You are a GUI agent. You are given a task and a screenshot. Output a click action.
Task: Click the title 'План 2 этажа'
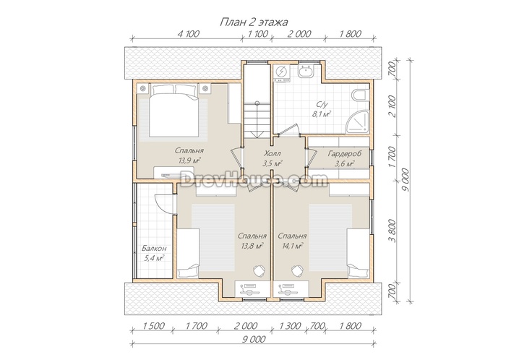pos(254,22)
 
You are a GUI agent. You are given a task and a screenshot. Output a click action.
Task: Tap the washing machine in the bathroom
pos(281,72)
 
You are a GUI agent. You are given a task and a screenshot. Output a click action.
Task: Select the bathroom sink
pos(305,71)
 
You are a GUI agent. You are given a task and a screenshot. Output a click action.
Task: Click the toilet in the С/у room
pos(361,95)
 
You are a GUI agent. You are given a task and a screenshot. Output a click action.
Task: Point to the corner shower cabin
pos(358,122)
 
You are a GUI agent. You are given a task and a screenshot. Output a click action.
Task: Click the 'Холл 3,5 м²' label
pos(272,158)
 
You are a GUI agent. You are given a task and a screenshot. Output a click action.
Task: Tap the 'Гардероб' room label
pos(345,153)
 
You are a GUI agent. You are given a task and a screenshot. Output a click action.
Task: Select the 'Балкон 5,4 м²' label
pos(154,253)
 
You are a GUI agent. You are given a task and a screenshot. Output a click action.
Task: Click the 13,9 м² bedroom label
pos(189,155)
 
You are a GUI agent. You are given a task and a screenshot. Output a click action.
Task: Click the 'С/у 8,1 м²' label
pos(322,109)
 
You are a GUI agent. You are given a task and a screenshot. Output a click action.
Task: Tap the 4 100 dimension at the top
pos(188,33)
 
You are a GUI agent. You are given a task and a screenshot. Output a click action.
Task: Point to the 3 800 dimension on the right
pos(392,231)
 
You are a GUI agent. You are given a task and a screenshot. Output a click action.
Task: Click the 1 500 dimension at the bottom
pos(153,326)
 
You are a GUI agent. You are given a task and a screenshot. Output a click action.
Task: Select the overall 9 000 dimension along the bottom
pos(253,339)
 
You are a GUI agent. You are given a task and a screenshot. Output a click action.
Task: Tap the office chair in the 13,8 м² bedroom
pos(258,270)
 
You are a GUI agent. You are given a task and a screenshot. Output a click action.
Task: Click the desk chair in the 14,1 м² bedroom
pos(297,270)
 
